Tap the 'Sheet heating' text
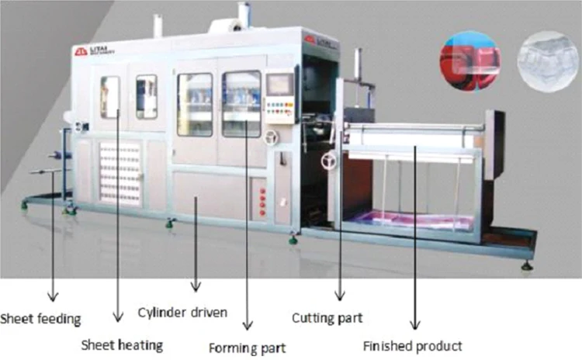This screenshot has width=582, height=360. coord(123,342)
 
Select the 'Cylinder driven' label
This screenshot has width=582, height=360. coord(182,313)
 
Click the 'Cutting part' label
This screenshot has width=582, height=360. coord(327,317)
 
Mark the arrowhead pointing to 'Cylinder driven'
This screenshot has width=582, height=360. coord(195,287)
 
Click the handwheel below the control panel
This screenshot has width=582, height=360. coord(270,137)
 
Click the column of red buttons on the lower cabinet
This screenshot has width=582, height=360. coord(262,201)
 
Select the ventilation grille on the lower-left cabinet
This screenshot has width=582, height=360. coord(120,175)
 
